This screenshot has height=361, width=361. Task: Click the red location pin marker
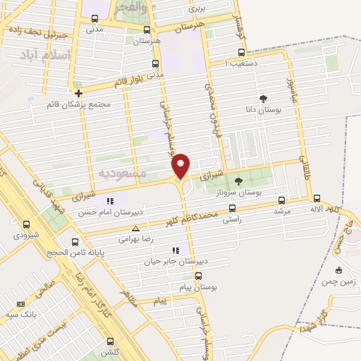(x=181, y=165)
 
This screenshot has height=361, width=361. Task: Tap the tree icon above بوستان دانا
(x=264, y=99)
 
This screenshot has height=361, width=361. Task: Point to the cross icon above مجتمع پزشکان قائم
(x=78, y=92)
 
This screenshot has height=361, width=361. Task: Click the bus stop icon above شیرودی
(x=26, y=224)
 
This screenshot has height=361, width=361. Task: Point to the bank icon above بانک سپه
(x=20, y=304)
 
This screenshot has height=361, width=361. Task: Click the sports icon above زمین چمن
(x=339, y=269)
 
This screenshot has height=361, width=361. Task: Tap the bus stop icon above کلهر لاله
(x=317, y=198)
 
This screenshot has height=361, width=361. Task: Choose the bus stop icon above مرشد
(x=282, y=200)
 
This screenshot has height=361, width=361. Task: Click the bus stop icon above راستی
(x=233, y=208)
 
